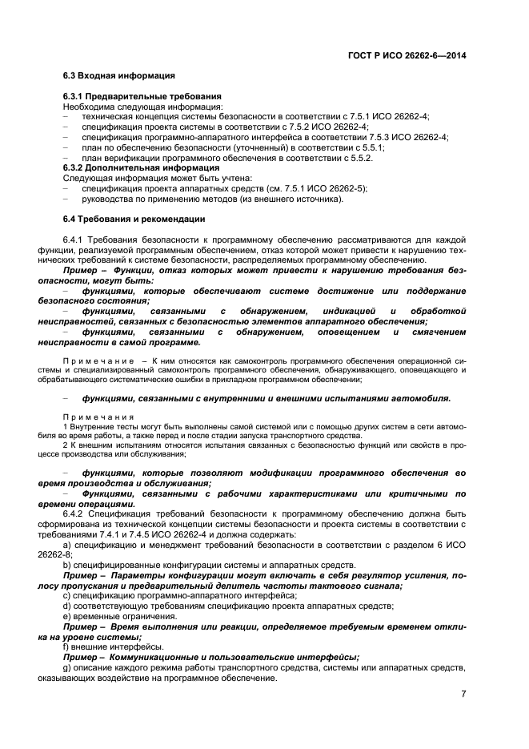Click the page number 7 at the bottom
[463, 695]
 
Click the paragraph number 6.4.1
[73, 240]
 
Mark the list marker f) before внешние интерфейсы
[66, 646]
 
